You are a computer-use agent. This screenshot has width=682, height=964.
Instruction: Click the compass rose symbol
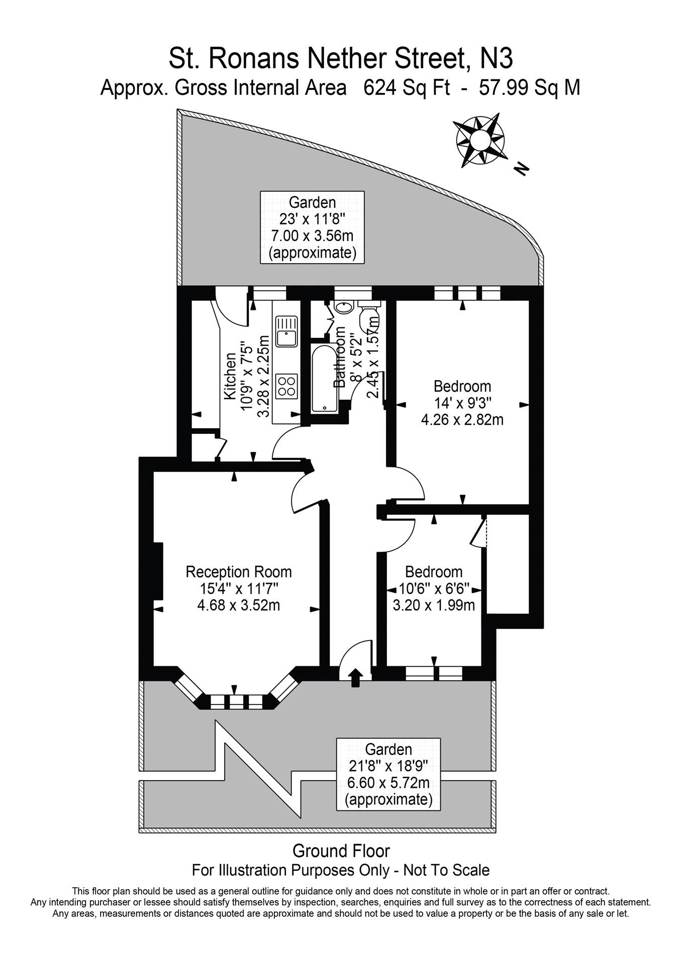tap(479, 140)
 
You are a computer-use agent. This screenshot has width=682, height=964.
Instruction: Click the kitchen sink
tap(287, 331)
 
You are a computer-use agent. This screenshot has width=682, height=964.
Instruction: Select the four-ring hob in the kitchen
tap(287, 386)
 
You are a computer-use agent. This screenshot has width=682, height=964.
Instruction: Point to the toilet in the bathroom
tap(370, 316)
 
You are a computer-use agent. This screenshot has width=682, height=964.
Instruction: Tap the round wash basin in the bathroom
tap(344, 307)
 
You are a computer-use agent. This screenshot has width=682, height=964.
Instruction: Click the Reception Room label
tap(239, 572)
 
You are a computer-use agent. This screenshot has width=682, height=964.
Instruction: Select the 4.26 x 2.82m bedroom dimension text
tap(462, 419)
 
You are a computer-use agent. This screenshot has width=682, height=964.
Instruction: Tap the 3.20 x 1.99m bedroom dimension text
tap(434, 605)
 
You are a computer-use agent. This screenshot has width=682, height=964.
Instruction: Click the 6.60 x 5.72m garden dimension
tap(388, 783)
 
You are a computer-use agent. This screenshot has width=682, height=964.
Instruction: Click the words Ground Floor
tap(341, 851)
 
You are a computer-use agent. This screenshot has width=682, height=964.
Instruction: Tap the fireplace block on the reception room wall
tap(158, 571)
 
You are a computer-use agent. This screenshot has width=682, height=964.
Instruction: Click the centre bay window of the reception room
tap(236, 701)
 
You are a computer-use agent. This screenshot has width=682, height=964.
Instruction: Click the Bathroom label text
tap(340, 356)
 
